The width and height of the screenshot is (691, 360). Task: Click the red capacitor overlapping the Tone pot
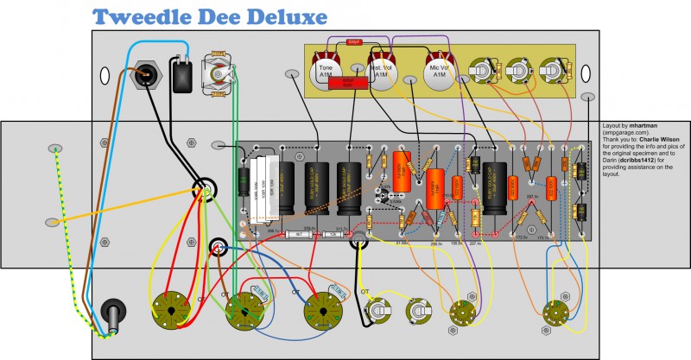point(347,82)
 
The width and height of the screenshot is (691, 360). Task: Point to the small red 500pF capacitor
point(352,41)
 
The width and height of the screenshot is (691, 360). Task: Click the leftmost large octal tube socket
point(170,309)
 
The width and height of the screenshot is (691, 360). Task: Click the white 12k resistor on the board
point(328,233)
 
